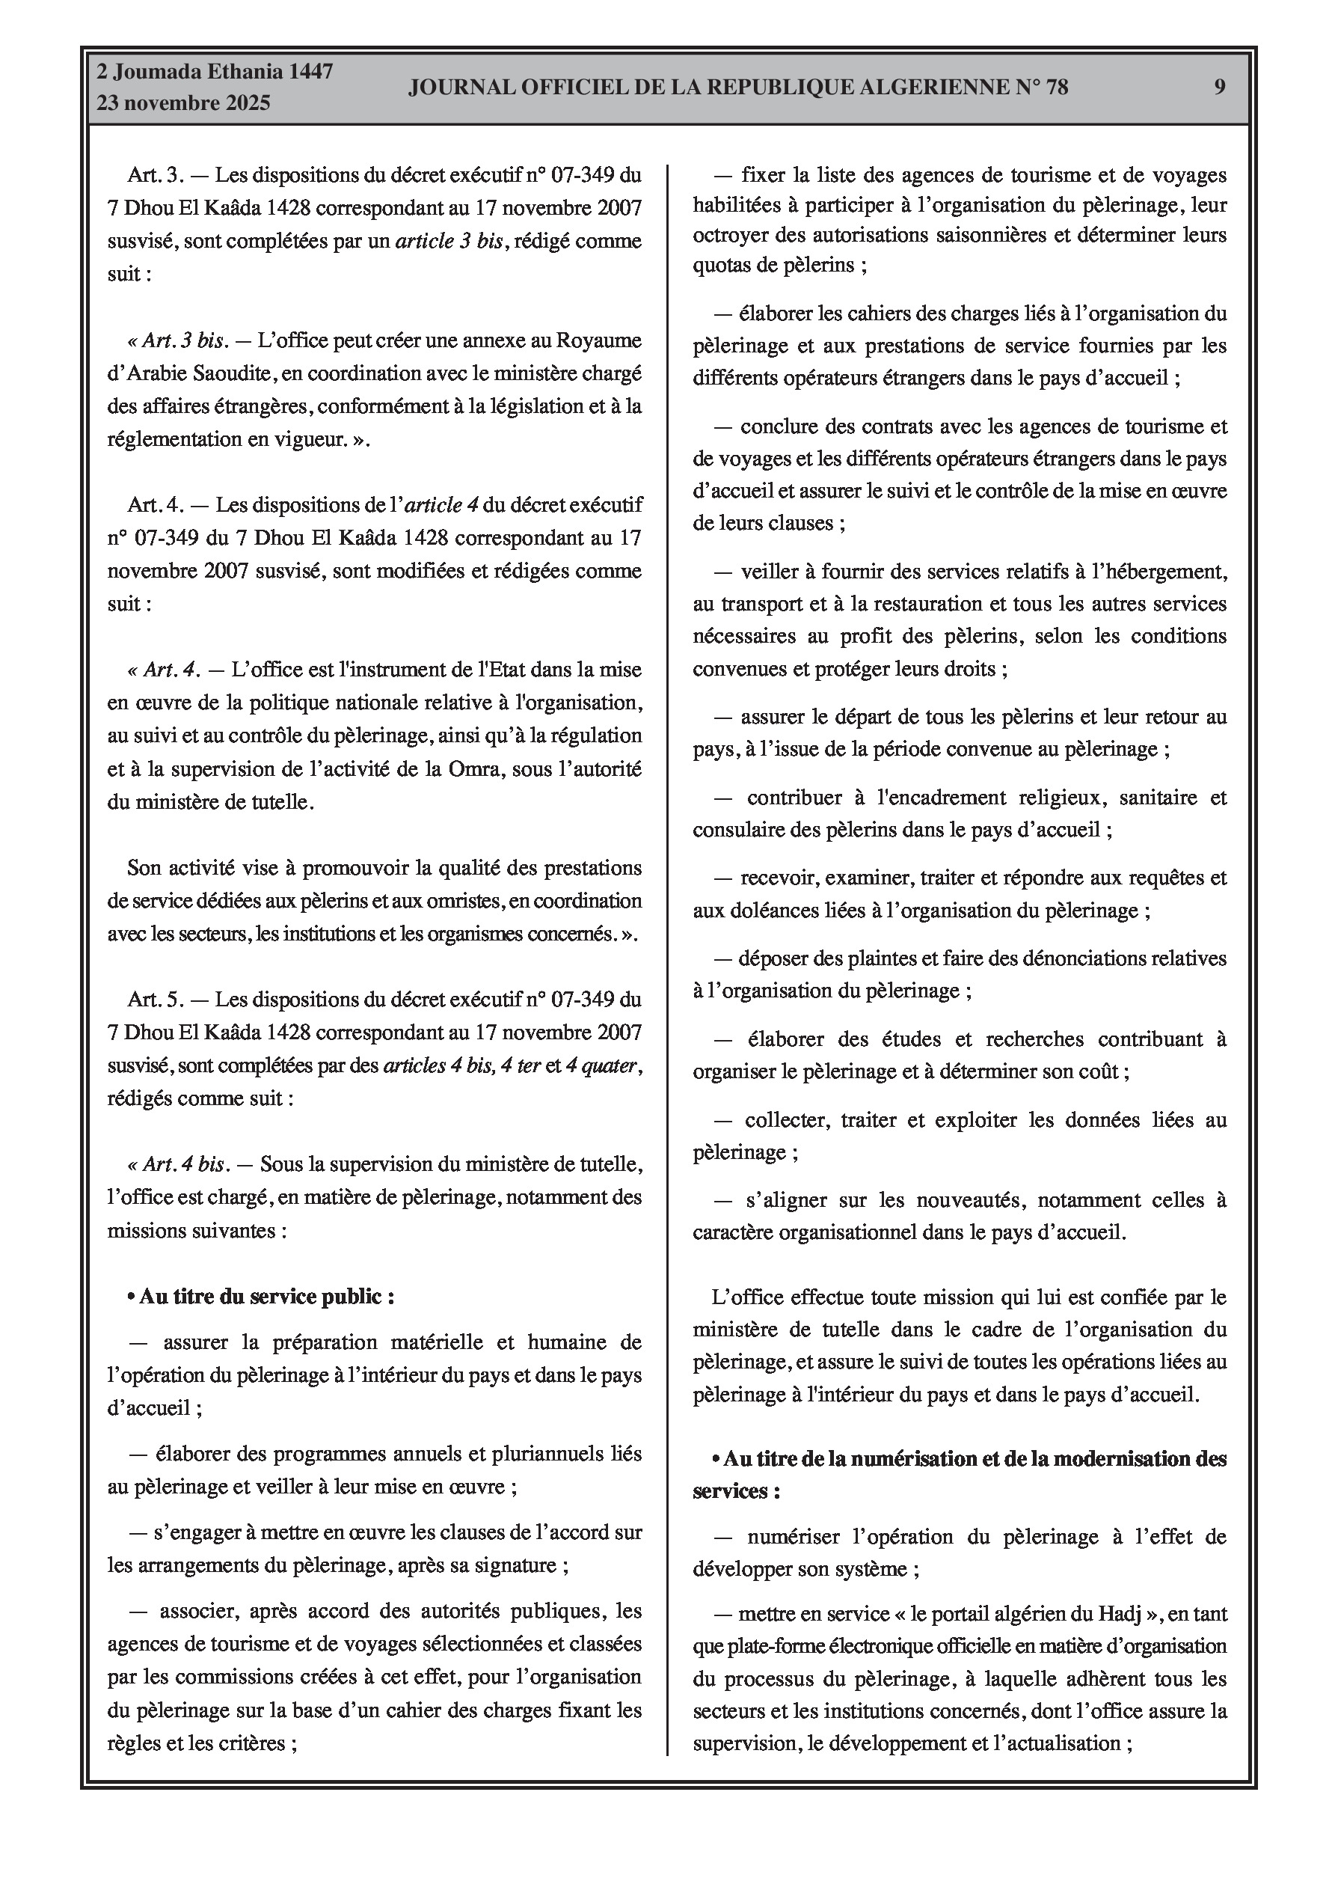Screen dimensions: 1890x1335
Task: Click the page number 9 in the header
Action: click(1220, 88)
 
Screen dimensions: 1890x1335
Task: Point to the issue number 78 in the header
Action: click(1057, 88)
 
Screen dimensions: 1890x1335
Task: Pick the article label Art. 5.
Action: click(156, 1000)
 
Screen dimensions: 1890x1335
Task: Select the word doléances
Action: click(764, 911)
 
